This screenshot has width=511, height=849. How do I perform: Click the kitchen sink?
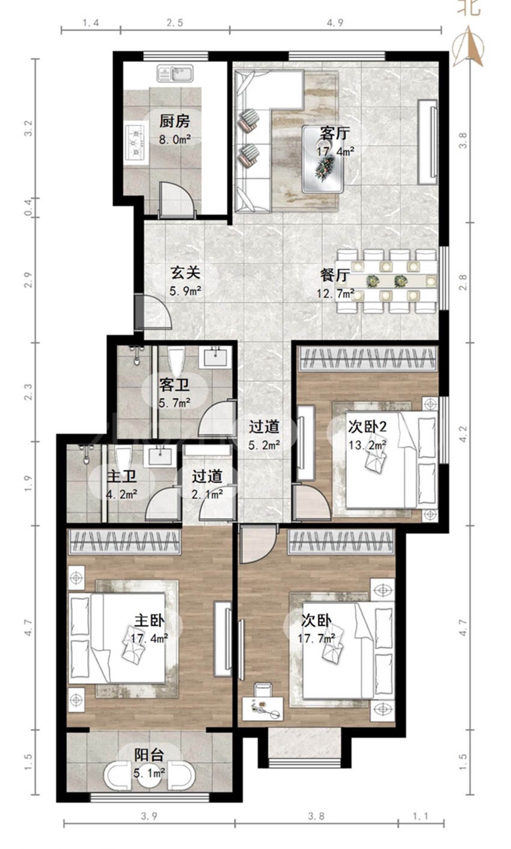176,73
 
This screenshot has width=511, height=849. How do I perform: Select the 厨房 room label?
174,122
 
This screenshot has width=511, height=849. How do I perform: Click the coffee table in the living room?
323,159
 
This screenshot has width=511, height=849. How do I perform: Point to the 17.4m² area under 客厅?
335,152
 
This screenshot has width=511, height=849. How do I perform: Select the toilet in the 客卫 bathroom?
176,363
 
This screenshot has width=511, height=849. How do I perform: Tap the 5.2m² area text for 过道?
264,445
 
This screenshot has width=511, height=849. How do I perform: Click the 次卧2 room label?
367,427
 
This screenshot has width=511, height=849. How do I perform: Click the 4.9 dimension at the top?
335,23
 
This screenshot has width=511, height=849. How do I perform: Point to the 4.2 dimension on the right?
463,434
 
